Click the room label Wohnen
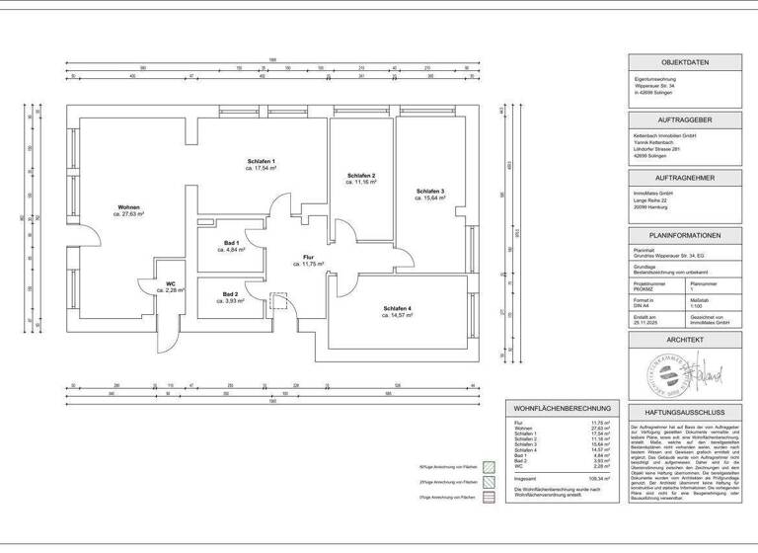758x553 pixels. pos(129,206)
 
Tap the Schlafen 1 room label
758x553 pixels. pos(261,161)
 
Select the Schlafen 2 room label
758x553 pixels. pos(361,176)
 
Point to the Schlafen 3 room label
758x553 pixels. pos(430,191)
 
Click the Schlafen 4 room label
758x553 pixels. pos(398,308)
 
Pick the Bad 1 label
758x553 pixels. pos(231,243)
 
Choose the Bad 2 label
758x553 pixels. pos(230,294)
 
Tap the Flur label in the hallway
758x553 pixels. pos(308,257)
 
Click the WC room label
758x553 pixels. pos(171,283)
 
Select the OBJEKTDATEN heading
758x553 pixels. pos(685,61)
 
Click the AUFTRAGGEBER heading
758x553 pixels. pos(685,117)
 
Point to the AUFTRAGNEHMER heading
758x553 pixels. pos(685,176)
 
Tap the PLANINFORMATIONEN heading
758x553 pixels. pos(685,235)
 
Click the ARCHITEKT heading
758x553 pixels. pos(685,339)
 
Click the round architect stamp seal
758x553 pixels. pos(661,375)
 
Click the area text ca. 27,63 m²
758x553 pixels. pos(129,214)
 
